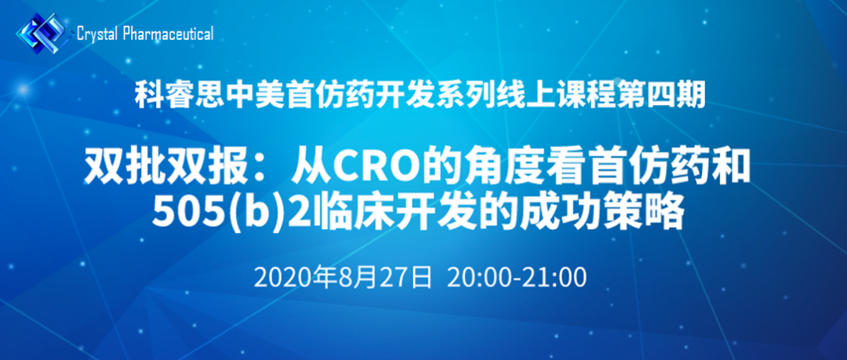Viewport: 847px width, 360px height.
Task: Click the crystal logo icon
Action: [44, 34]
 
